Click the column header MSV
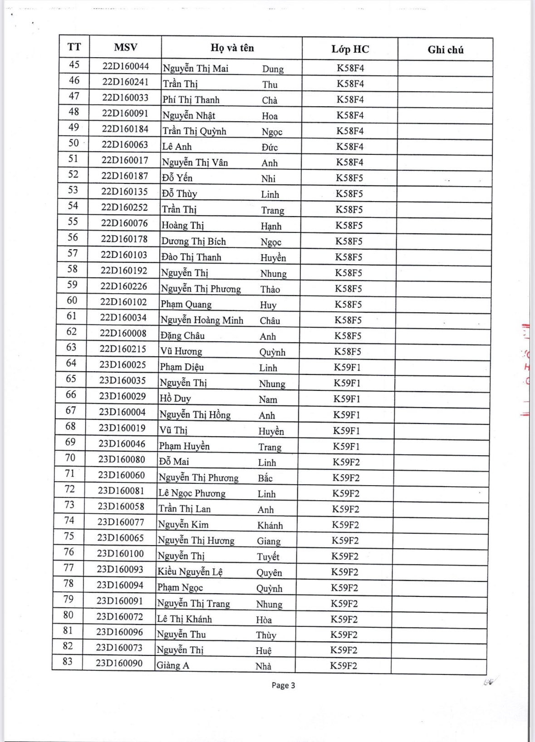click(x=125, y=47)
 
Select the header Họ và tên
click(x=232, y=48)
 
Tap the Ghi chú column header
click(x=445, y=50)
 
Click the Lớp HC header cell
click(x=350, y=49)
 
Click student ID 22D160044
click(x=125, y=66)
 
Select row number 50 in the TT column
click(x=74, y=143)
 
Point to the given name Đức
click(x=270, y=147)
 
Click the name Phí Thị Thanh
click(x=191, y=100)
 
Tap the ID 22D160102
click(x=123, y=302)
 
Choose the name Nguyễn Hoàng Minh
click(x=202, y=320)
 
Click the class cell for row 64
click(x=347, y=368)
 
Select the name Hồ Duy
click(x=175, y=399)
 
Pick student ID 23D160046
click(x=122, y=444)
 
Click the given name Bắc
click(x=265, y=478)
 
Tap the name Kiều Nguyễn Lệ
click(x=190, y=572)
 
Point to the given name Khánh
click(x=270, y=526)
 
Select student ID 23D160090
click(x=119, y=663)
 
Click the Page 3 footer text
click(x=283, y=685)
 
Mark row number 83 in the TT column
click(x=68, y=662)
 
